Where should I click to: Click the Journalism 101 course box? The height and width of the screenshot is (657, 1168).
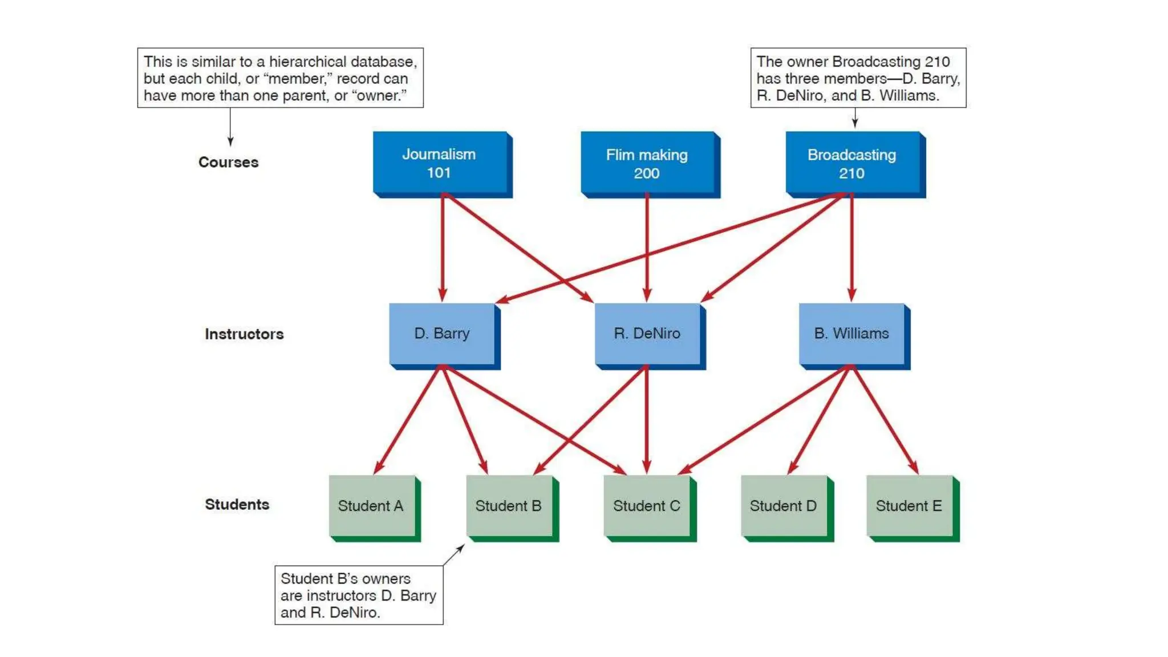click(440, 163)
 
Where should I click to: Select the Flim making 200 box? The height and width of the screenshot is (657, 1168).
click(647, 164)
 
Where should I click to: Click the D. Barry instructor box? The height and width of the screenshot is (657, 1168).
click(442, 334)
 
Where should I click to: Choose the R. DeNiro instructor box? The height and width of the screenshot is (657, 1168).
click(647, 334)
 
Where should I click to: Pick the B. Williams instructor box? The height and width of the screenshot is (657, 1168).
click(851, 334)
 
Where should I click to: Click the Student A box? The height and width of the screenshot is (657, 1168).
click(371, 506)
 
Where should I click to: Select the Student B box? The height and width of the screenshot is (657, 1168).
click(509, 506)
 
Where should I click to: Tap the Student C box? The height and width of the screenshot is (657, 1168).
click(647, 506)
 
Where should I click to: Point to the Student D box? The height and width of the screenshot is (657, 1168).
click(784, 506)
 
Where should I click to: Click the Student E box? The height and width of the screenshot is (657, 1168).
click(909, 506)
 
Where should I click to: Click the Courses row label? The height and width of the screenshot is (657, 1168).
click(228, 162)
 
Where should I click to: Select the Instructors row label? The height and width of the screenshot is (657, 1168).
click(244, 334)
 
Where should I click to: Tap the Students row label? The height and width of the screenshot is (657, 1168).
click(237, 505)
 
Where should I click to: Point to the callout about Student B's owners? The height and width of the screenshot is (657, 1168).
click(358, 595)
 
